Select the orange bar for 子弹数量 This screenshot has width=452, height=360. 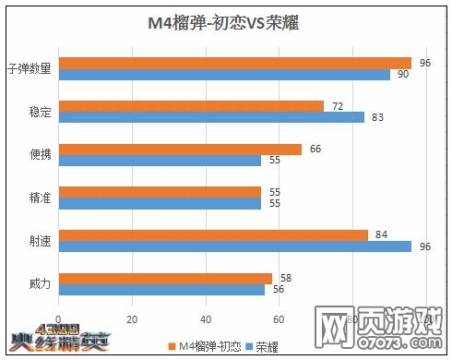[x=234, y=63]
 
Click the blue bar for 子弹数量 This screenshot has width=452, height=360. [x=224, y=74]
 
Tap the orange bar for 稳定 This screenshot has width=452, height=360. [x=191, y=106]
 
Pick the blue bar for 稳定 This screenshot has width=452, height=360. [x=211, y=117]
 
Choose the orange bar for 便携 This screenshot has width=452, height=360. [x=180, y=150]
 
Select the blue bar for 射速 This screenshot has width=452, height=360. [x=234, y=246]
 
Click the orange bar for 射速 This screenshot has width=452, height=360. [x=213, y=235]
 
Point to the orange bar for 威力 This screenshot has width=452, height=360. [x=165, y=278]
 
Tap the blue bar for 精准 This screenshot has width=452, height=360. [x=160, y=203]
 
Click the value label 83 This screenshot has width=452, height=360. [x=377, y=117]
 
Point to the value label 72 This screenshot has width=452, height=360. [x=338, y=106]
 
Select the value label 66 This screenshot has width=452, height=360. [x=315, y=150]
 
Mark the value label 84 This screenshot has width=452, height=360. [x=382, y=235]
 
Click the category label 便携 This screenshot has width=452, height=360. [x=40, y=154]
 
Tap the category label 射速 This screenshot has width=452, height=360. [x=40, y=241]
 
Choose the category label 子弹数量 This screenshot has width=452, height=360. [x=29, y=68]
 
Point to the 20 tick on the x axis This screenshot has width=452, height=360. [x=131, y=320]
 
